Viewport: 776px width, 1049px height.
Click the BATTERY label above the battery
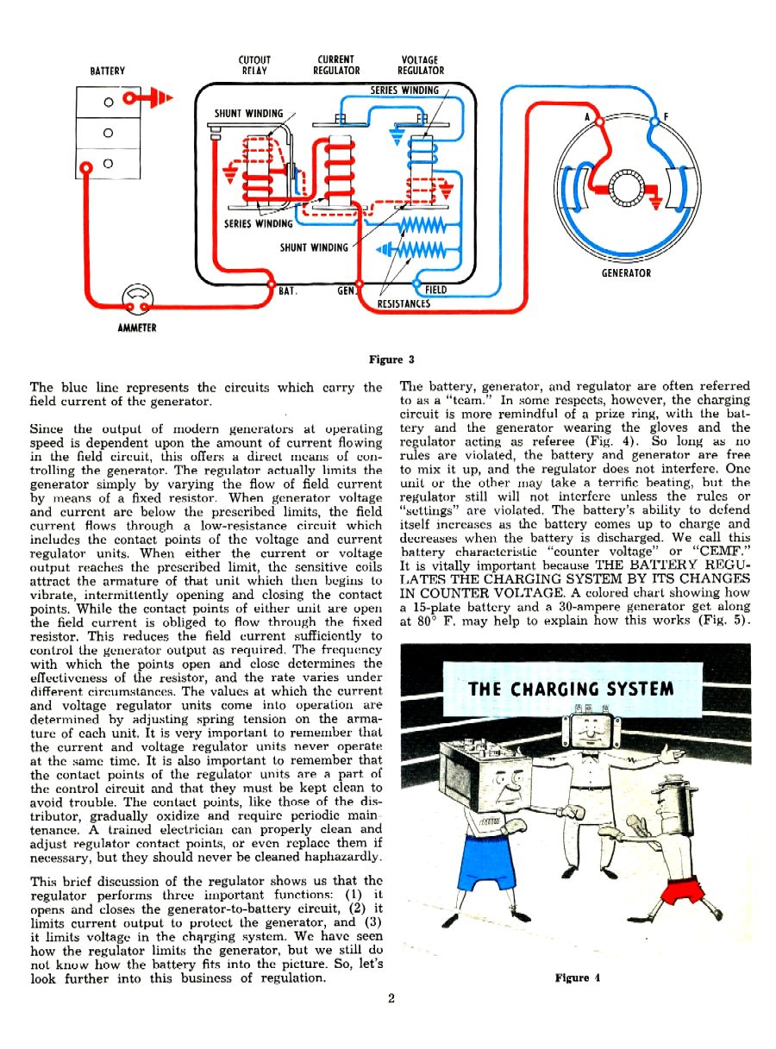(x=107, y=71)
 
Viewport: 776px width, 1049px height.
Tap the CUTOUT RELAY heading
(x=253, y=66)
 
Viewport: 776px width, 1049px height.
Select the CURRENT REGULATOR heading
(x=336, y=66)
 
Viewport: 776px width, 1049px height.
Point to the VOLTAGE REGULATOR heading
(x=421, y=66)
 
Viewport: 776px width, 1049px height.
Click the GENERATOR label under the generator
(x=626, y=273)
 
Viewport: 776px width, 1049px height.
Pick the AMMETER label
(x=137, y=328)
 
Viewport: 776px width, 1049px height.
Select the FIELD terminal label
(x=436, y=290)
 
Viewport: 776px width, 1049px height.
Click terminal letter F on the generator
(x=666, y=116)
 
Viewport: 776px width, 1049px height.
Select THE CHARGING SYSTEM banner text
(x=570, y=689)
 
